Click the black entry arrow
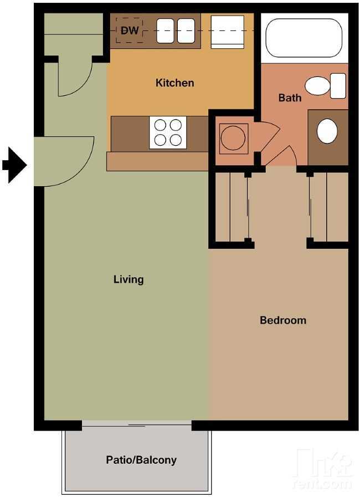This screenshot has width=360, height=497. [14, 165]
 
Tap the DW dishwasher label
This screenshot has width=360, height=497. [130, 30]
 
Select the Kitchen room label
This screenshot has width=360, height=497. [174, 83]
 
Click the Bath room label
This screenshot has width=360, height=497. [290, 98]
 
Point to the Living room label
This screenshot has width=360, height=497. [128, 279]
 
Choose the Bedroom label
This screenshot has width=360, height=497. [282, 320]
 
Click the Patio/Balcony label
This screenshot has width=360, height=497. [141, 460]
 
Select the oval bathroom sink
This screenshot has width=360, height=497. [327, 131]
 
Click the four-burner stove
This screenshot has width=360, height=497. [167, 132]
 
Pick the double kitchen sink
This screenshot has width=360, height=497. [176, 30]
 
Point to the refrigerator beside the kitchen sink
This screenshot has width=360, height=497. [228, 31]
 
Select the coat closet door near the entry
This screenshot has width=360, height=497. [74, 78]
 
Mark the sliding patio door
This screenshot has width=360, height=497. [137, 425]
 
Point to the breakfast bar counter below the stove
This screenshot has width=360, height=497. [157, 161]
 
